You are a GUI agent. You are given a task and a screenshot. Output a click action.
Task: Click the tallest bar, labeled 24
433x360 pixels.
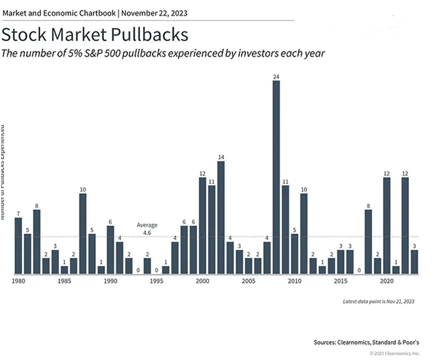point(276,177)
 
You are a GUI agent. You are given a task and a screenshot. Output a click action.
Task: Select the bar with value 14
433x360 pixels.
point(221,217)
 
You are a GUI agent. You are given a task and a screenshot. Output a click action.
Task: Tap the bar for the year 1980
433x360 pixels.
point(18,245)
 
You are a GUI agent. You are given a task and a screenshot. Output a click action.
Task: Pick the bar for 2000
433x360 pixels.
point(202,225)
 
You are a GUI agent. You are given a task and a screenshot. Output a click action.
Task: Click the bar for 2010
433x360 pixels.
point(295,253)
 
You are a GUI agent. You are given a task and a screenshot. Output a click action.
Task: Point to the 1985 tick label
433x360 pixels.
point(64,282)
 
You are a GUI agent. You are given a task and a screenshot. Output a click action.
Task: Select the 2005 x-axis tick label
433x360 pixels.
point(248,282)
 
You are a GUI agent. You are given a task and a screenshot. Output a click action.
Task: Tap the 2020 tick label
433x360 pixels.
point(387,282)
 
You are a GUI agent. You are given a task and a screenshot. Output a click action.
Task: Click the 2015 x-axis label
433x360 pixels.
point(341,282)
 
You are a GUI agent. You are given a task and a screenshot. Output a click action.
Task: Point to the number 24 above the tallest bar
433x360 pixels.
point(276,76)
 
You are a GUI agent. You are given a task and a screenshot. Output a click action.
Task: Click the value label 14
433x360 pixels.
point(221,157)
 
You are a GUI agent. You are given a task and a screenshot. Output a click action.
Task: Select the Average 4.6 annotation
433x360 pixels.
point(147,229)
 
